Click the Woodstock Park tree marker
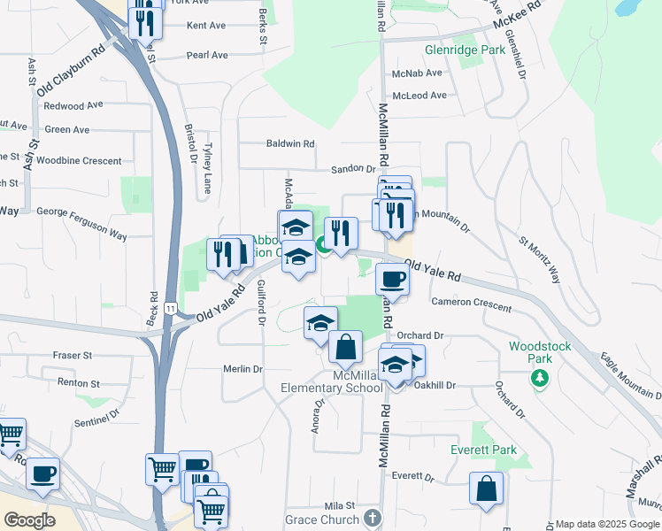click(x=539, y=378)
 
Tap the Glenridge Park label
click(x=464, y=50)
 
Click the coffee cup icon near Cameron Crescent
click(x=391, y=280)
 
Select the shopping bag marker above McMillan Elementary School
click(x=345, y=346)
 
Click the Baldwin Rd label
click(x=291, y=143)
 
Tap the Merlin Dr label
click(x=243, y=369)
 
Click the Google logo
click(x=29, y=520)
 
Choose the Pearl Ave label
click(x=207, y=55)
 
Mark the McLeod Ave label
click(x=420, y=96)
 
